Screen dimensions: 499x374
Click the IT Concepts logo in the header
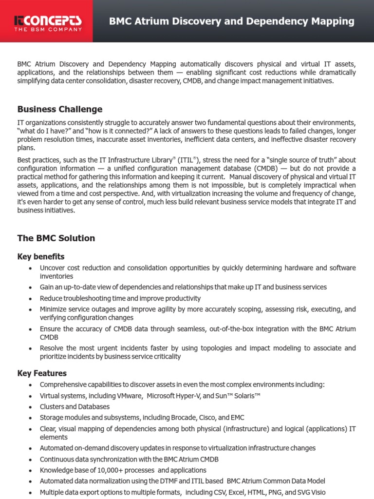coord(48,20)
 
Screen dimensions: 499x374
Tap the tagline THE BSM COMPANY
coord(48,29)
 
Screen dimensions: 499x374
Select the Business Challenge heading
coord(60,109)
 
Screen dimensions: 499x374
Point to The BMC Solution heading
coord(56,238)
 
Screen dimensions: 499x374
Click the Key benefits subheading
coord(41,256)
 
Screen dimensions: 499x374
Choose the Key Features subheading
coord(42,373)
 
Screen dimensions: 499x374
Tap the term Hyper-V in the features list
coord(187,396)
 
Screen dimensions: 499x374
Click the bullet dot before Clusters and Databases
coord(31,407)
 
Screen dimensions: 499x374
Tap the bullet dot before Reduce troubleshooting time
coord(31,299)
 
